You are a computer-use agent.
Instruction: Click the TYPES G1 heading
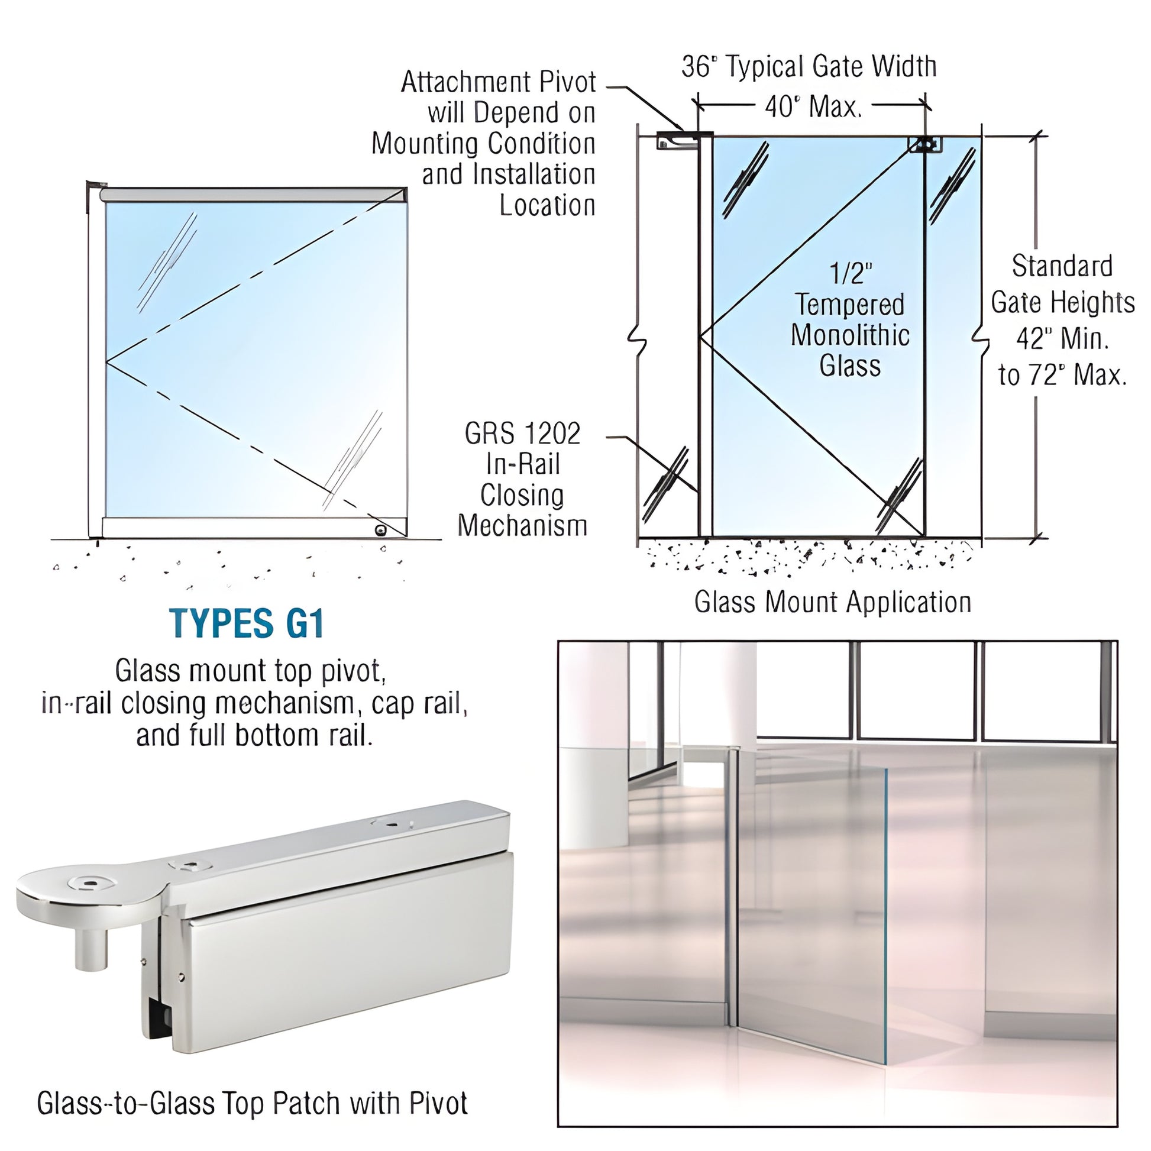click(x=247, y=624)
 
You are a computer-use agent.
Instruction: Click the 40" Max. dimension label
click(x=813, y=107)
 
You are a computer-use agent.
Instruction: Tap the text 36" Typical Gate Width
click(x=809, y=67)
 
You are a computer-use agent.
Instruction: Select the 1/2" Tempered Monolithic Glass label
click(x=849, y=320)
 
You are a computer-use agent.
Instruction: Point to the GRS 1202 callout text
click(x=522, y=434)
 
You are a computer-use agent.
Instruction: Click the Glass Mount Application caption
click(x=832, y=602)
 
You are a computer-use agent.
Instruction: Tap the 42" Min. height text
click(x=1062, y=339)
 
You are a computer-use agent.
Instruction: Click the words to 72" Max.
click(x=1062, y=376)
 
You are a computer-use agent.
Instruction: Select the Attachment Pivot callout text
click(x=498, y=82)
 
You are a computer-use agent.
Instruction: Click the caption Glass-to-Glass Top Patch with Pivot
click(x=252, y=1103)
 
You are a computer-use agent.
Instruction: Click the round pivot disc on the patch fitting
click(x=89, y=890)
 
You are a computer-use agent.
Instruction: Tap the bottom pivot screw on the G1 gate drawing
click(x=380, y=530)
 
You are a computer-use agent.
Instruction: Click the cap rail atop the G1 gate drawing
click(x=253, y=194)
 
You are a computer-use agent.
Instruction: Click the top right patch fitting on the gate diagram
click(x=924, y=144)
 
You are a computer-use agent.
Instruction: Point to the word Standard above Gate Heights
click(x=1062, y=266)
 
